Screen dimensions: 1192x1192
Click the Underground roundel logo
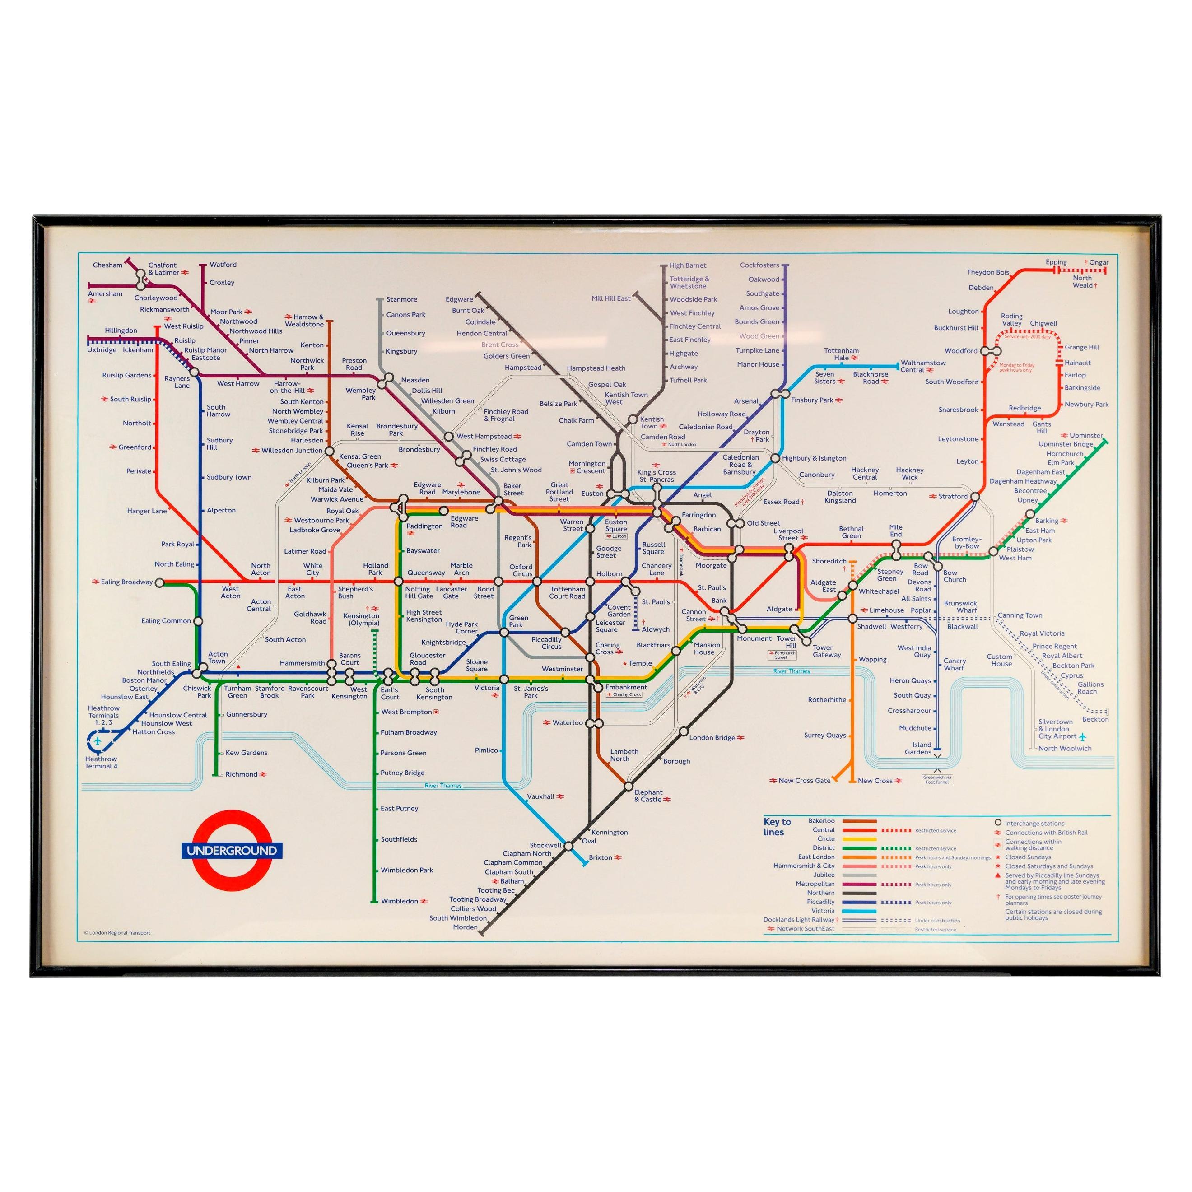coord(231,850)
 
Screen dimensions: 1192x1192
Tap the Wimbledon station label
coord(399,901)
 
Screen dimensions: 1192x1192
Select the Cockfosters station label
coord(759,265)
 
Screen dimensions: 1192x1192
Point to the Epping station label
coord(1056,262)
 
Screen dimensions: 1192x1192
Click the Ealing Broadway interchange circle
coord(160,582)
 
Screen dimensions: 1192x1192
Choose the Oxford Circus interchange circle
coord(537,581)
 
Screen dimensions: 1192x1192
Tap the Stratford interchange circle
coord(975,496)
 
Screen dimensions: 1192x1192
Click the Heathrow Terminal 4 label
coord(101,763)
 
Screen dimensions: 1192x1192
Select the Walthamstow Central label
coord(923,367)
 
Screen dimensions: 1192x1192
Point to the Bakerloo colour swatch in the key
coord(859,821)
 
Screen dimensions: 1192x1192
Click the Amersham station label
coord(106,293)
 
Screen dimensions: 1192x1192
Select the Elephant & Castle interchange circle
coord(629,787)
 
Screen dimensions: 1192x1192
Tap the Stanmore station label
coord(402,299)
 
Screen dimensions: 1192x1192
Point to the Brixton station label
coord(601,857)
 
